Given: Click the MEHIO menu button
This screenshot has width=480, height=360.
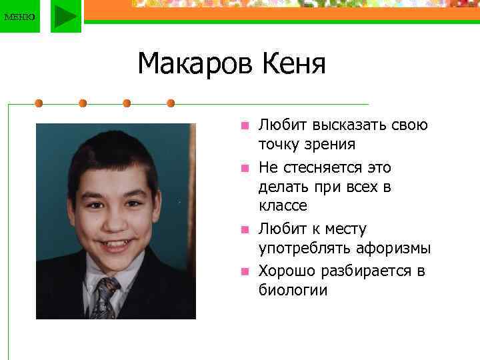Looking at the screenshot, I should [19, 16].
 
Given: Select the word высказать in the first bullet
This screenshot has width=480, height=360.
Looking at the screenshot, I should [345, 125].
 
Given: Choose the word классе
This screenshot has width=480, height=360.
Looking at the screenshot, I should [283, 205].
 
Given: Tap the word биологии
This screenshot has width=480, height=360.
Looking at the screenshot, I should [293, 290].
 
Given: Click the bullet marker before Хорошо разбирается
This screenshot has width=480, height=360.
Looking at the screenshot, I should [245, 271].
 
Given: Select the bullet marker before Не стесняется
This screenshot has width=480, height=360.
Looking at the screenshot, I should [245, 167].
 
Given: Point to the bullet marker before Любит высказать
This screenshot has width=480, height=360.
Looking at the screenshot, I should [245, 125].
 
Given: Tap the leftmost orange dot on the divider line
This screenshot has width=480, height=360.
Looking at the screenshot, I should [39, 103].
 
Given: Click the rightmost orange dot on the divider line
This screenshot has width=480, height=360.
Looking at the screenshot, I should [171, 103].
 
